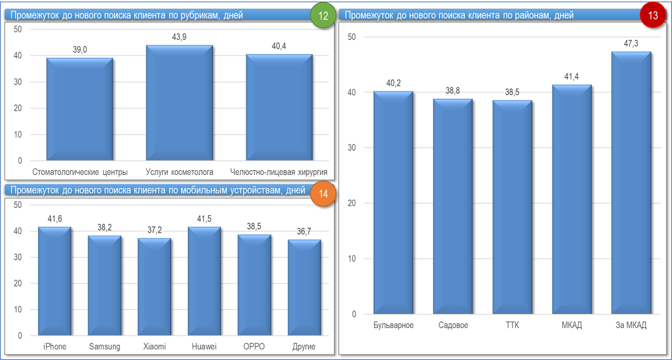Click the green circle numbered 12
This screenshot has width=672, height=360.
click(323, 16)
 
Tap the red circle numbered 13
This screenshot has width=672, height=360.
click(653, 15)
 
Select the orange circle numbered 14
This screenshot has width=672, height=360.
click(323, 194)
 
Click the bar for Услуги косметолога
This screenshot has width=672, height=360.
click(179, 103)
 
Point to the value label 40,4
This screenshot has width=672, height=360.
click(279, 46)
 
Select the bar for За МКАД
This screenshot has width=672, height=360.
click(631, 183)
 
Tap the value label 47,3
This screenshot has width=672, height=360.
click(631, 44)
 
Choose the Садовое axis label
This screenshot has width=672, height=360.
click(453, 325)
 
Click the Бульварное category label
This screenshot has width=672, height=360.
click(393, 325)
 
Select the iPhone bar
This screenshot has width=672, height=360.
click(55, 281)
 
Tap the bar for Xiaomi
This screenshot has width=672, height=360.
click(154, 287)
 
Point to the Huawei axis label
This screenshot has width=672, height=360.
click(204, 347)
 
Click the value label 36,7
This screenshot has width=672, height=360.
click(304, 231)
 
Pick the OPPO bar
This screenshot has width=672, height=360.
click(254, 285)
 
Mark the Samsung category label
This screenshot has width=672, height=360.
click(105, 347)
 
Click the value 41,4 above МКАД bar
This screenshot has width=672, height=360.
click(572, 76)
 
